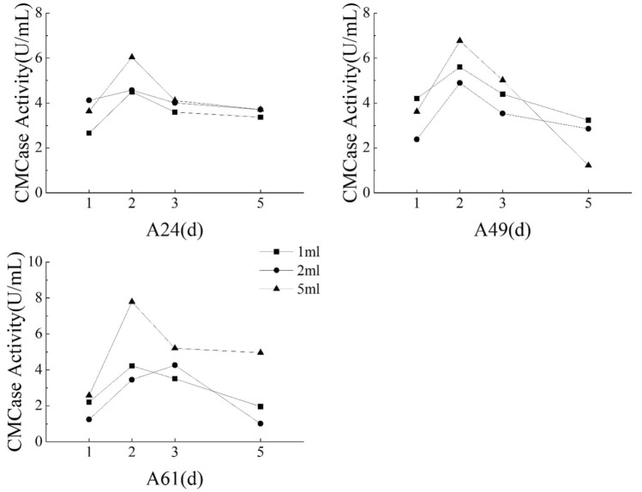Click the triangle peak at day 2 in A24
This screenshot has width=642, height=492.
(x=131, y=57)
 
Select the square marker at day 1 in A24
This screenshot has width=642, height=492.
(x=88, y=133)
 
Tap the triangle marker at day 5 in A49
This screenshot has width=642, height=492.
(x=588, y=165)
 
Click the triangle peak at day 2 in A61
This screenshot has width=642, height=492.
(x=131, y=302)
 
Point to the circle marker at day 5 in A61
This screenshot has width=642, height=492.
(x=260, y=423)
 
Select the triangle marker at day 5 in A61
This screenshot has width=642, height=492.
(x=260, y=352)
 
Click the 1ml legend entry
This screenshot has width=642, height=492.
(x=292, y=252)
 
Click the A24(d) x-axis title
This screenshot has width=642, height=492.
(x=175, y=230)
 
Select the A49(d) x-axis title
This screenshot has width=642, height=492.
(x=502, y=230)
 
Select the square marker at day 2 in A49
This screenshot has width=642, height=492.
(x=459, y=67)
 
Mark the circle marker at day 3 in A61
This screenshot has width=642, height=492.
(x=174, y=365)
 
